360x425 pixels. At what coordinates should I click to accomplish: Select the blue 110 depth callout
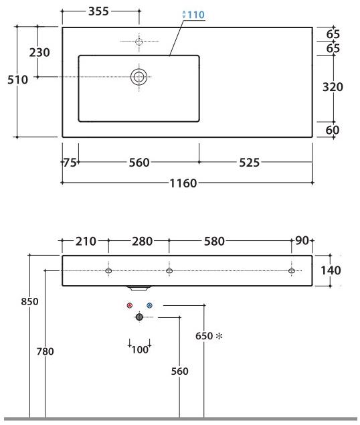[193, 15]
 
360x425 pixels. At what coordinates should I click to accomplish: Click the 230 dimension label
[39, 52]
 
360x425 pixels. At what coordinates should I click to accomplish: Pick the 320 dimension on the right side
[333, 87]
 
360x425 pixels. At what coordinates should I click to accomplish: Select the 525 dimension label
[247, 163]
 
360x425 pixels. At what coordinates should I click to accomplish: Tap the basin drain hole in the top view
[139, 76]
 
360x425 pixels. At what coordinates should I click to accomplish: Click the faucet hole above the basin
[139, 41]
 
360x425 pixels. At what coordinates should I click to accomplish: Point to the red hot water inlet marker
[130, 305]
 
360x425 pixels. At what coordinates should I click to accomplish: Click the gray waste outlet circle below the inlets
[139, 317]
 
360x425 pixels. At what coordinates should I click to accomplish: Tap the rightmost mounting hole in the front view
[291, 270]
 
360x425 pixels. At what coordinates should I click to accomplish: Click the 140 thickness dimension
[331, 270]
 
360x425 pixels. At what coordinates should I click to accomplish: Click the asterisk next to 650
[218, 336]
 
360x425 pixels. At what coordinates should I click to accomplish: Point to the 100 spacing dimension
[139, 350]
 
